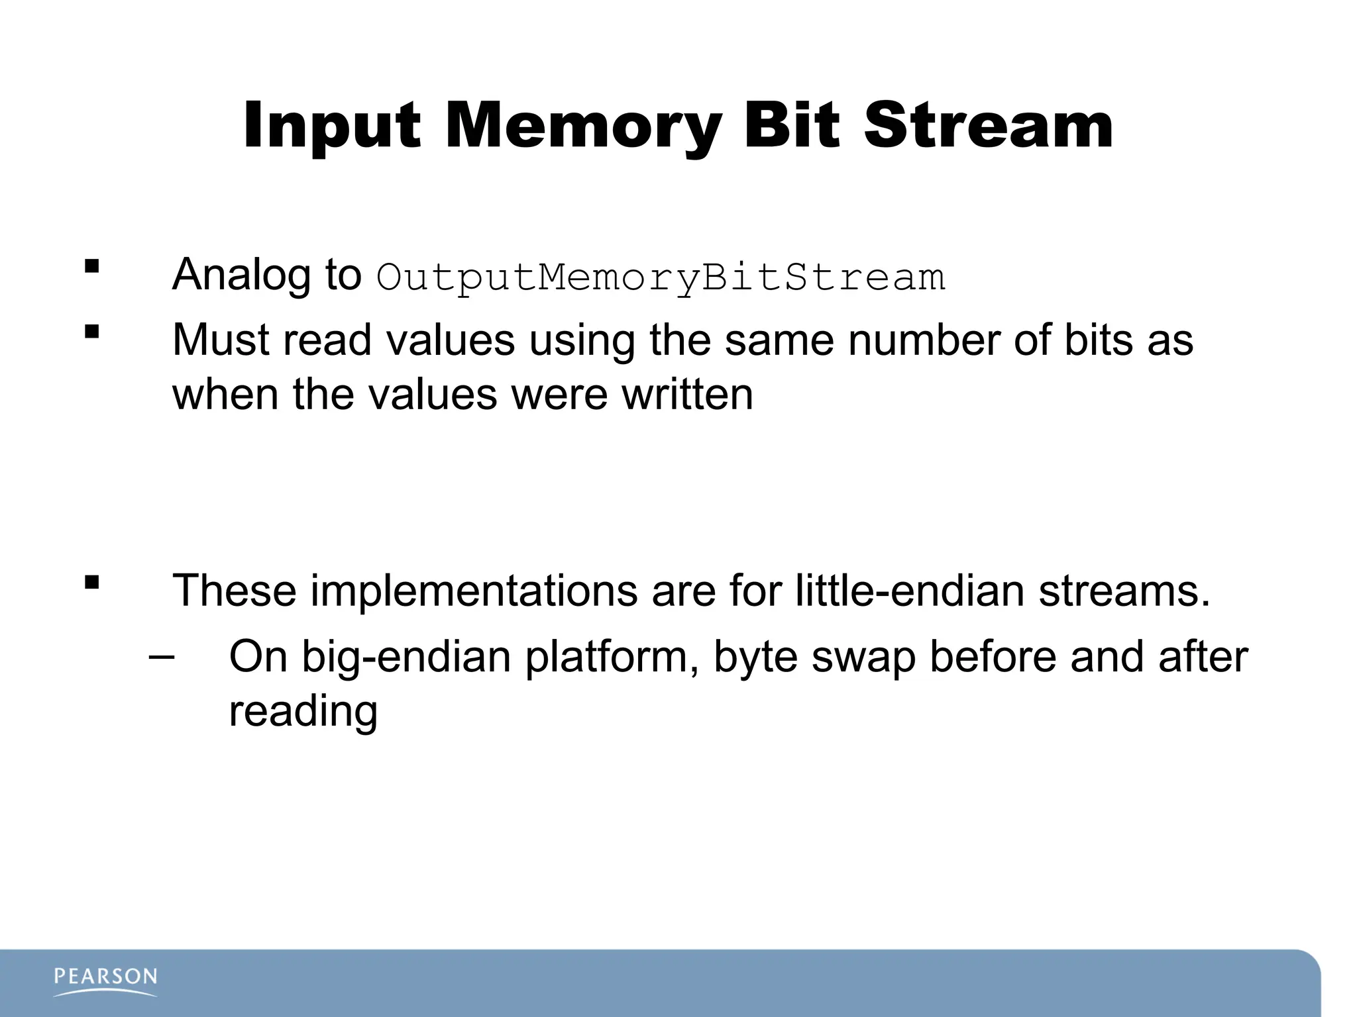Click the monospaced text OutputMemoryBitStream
coord(661,277)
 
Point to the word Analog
coord(241,274)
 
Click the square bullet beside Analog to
coord(92,267)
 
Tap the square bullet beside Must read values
coord(92,332)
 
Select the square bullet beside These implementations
coord(92,583)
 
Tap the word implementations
coord(474,590)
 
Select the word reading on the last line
coord(303,711)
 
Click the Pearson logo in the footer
coord(105,981)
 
